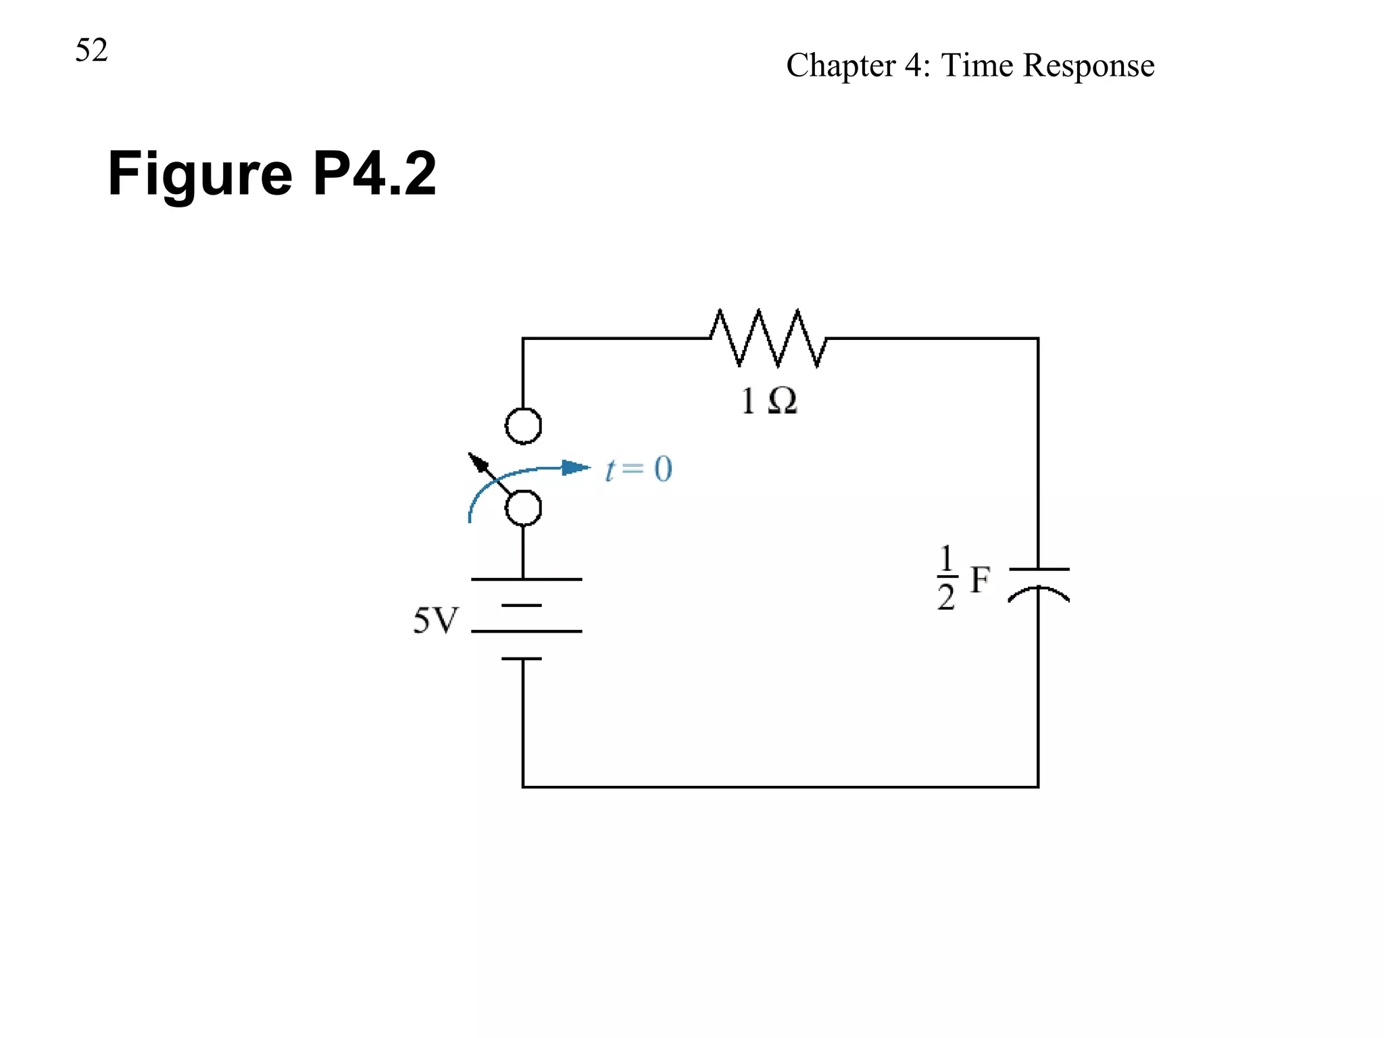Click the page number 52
(x=91, y=51)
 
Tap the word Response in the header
(x=1089, y=66)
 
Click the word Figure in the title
(x=200, y=174)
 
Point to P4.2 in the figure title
(x=374, y=174)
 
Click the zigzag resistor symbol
(x=768, y=338)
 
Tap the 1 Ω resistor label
(x=768, y=401)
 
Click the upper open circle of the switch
(x=524, y=426)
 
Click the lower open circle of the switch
(x=524, y=508)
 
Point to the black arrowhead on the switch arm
(x=478, y=462)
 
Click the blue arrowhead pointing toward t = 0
(x=575, y=468)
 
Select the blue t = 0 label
(x=639, y=469)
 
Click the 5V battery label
(x=435, y=620)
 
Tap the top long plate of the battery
(x=526, y=579)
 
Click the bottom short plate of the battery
(x=522, y=658)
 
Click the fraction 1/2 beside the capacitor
(x=946, y=578)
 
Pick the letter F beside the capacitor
(x=980, y=580)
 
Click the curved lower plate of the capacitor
(x=1038, y=593)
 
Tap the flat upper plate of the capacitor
(x=1039, y=569)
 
